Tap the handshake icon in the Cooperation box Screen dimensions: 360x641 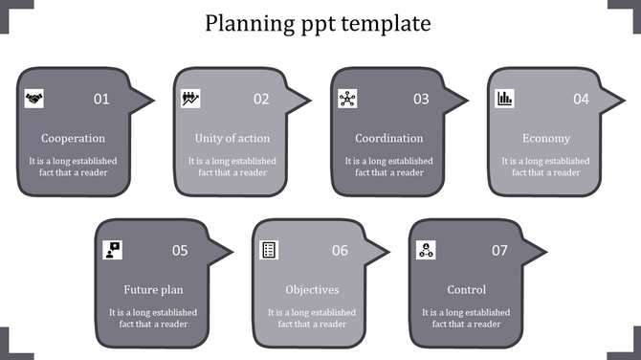pyautogui.click(x=33, y=98)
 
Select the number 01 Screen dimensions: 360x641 pyautogui.click(x=101, y=99)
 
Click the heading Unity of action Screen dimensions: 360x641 pyautogui.click(x=232, y=138)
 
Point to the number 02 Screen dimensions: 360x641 pyautogui.click(x=261, y=99)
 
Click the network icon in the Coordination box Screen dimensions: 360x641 pyautogui.click(x=347, y=98)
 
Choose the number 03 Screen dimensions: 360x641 pyautogui.click(x=421, y=99)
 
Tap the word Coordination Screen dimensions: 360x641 pyautogui.click(x=388, y=138)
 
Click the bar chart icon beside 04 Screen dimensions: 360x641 pyautogui.click(x=504, y=98)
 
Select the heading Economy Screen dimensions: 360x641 pyautogui.click(x=546, y=138)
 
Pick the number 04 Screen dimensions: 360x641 pyautogui.click(x=581, y=99)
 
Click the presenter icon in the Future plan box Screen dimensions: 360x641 pyautogui.click(x=113, y=250)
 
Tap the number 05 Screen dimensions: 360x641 pyautogui.click(x=180, y=251)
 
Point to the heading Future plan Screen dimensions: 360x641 pyautogui.click(x=153, y=289)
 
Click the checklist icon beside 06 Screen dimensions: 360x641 pyautogui.click(x=270, y=250)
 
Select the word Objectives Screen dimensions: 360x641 pyautogui.click(x=312, y=289)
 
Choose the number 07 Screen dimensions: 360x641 pyautogui.click(x=499, y=251)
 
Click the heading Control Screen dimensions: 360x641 pyautogui.click(x=467, y=289)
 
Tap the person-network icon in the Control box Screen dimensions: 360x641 pyautogui.click(x=427, y=250)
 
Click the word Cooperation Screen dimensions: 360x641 pyautogui.click(x=74, y=138)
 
